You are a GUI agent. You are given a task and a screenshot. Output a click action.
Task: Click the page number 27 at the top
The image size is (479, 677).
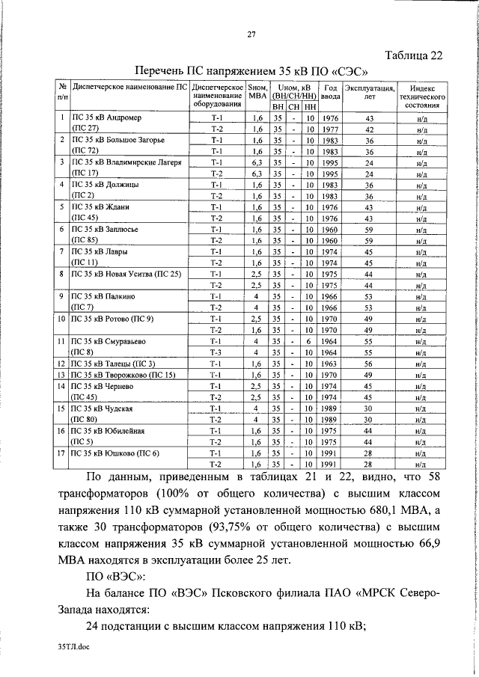[252, 33]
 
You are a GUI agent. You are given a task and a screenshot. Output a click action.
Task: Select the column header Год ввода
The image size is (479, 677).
[330, 92]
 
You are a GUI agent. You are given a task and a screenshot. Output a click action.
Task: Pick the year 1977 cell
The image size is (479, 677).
[330, 129]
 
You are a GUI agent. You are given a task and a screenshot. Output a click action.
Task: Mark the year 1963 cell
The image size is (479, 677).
[330, 364]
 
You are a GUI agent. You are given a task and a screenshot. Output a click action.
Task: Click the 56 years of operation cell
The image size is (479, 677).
[368, 364]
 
